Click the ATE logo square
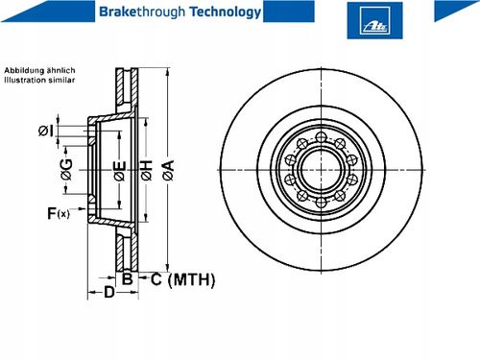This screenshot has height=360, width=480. tap(374, 20)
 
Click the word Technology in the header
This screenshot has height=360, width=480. tap(226, 12)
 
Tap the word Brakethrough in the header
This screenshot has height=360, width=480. tap(142, 12)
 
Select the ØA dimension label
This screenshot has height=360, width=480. tap(169, 170)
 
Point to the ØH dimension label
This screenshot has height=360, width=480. tap(147, 170)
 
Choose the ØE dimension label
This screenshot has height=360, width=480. tap(120, 171)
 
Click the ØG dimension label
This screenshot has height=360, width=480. tap(67, 170)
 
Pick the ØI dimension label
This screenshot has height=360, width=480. tap(46, 131)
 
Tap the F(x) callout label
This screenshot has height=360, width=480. tap(59, 213)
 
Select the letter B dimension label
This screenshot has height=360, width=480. tap(128, 278)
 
